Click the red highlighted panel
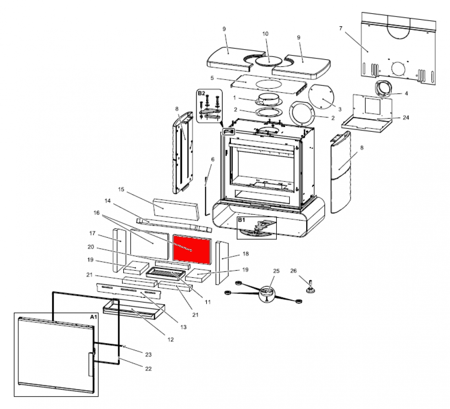point(192,249)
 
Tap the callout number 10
point(265,34)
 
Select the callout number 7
point(340,28)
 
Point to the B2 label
point(201,93)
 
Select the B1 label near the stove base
point(241,220)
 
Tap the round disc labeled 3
point(322,98)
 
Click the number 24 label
point(406,118)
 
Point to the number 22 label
point(148,368)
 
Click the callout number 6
point(212,159)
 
